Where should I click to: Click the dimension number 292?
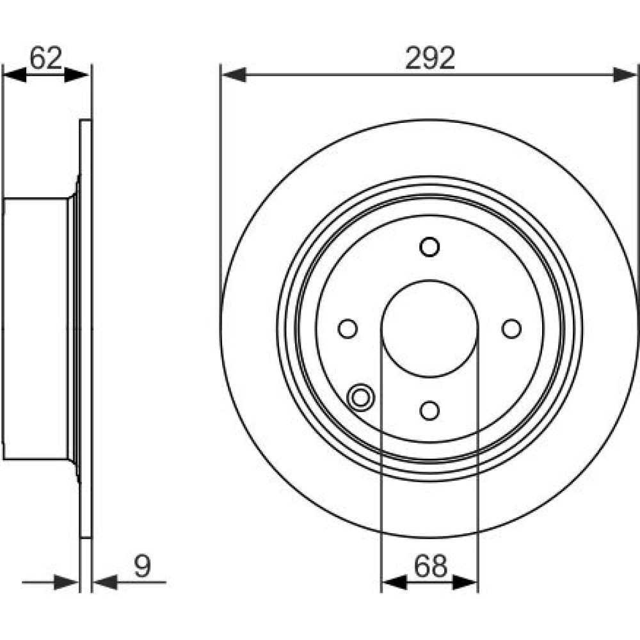[x=430, y=58]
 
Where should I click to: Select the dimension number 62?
[x=45, y=58]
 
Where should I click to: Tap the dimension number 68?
[x=431, y=566]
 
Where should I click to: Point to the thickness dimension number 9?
[x=143, y=566]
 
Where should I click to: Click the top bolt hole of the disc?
[x=429, y=247]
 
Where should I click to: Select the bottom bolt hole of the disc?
[x=429, y=410]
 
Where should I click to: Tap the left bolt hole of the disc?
[x=348, y=328]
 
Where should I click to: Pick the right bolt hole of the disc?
[x=511, y=328]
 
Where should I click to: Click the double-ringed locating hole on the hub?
[x=360, y=397]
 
